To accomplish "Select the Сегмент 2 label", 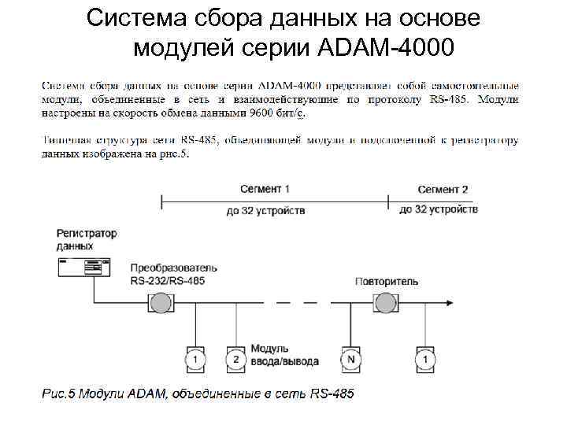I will [443, 190].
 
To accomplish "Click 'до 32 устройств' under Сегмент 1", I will [265, 211].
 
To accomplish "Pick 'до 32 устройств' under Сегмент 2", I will [438, 210].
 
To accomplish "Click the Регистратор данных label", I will [87, 240].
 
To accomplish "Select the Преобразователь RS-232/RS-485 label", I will [174, 274].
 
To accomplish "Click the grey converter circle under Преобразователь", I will [161, 303].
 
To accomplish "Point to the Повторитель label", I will [387, 281].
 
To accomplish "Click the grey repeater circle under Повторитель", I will [386, 303].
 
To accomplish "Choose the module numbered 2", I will [235, 358].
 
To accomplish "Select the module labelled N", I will [350, 358].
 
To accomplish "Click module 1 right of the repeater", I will [426, 358].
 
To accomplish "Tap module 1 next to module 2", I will [195, 358].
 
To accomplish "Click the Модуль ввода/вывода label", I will [284, 355].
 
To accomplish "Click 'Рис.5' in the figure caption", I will [59, 393].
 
